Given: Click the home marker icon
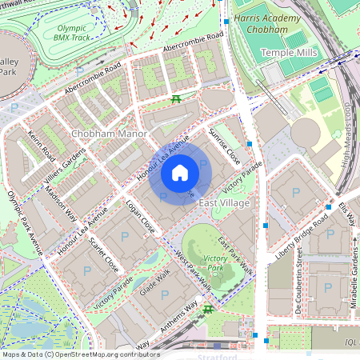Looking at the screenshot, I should (x=180, y=173).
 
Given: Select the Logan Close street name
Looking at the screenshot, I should (x=140, y=217).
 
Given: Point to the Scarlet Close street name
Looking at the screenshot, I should (x=104, y=254).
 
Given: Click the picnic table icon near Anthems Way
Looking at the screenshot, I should (x=208, y=309).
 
